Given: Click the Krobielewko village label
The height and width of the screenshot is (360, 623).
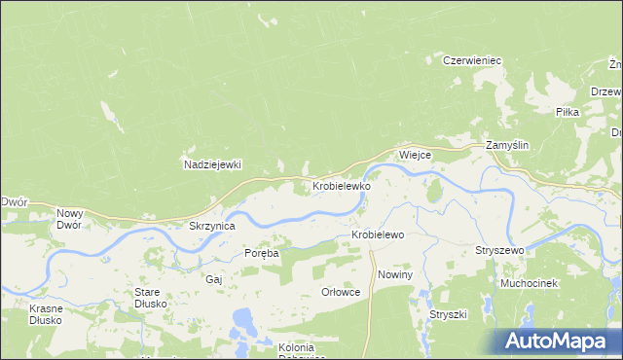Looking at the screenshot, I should click(x=341, y=185).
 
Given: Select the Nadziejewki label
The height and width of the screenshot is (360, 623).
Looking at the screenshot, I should click(x=212, y=164).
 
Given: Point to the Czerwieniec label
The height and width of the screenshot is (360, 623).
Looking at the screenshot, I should click(x=471, y=60).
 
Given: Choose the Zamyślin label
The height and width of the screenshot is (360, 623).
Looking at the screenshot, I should click(x=507, y=145).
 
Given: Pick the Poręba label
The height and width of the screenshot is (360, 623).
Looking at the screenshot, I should click(x=261, y=253).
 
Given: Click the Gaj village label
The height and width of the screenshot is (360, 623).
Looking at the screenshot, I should click(x=214, y=278).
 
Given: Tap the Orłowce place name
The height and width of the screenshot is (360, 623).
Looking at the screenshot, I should click(x=341, y=292).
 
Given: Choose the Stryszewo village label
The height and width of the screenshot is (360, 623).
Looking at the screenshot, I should click(x=499, y=251).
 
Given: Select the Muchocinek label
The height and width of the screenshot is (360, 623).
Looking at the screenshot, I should click(x=528, y=283).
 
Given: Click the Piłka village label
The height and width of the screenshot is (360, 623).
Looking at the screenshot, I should click(x=567, y=113).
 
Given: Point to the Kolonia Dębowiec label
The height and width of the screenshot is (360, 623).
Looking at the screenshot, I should click(x=282, y=353).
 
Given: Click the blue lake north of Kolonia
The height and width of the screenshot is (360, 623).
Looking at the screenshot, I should click(x=242, y=318).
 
